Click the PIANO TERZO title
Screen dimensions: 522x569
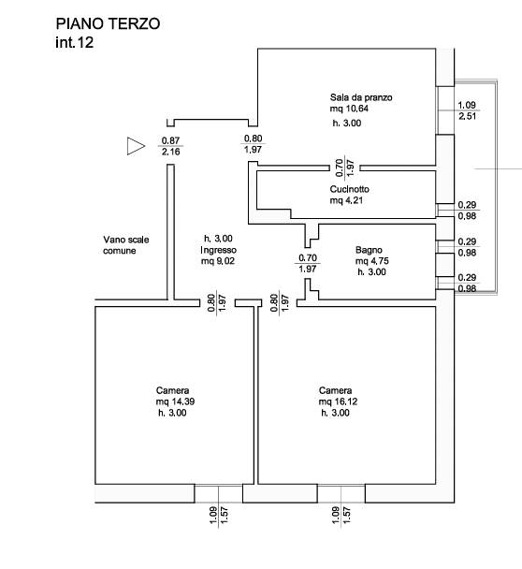(x=108, y=24)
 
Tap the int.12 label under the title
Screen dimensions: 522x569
(x=74, y=42)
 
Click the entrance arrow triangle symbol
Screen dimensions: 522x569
(x=136, y=146)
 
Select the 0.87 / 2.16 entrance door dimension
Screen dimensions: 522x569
(x=170, y=146)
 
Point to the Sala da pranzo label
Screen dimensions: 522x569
(x=361, y=97)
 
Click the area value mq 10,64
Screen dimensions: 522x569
(x=349, y=109)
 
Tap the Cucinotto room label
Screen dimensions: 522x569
(x=349, y=189)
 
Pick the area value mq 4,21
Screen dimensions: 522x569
(x=346, y=200)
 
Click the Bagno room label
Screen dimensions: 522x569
(x=369, y=250)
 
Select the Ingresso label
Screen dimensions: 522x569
(x=218, y=250)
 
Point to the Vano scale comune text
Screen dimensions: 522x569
(x=126, y=245)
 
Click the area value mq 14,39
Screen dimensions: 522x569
(x=175, y=401)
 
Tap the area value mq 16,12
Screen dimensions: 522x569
(x=338, y=401)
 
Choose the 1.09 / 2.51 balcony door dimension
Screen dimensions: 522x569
(x=467, y=110)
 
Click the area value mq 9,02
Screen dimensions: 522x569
(x=218, y=261)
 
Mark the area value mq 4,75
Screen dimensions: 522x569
(x=371, y=261)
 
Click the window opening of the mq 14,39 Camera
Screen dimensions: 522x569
(x=218, y=493)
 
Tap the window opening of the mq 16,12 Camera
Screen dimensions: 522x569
(x=341, y=493)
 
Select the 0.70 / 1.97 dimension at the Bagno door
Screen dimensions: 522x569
(x=307, y=263)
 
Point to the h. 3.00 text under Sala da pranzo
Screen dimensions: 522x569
(x=347, y=123)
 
